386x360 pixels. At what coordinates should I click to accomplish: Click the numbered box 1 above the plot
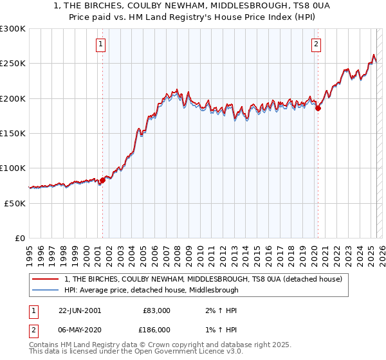(102, 44)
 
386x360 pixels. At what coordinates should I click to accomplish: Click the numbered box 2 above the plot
(317, 44)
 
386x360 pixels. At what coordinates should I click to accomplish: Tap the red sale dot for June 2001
(102, 181)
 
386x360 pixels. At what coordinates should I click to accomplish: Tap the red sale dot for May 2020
(318, 109)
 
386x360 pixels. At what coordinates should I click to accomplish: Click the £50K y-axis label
(15, 203)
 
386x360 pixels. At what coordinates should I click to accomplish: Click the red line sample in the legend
(46, 279)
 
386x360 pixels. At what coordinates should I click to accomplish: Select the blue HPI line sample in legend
(46, 290)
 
